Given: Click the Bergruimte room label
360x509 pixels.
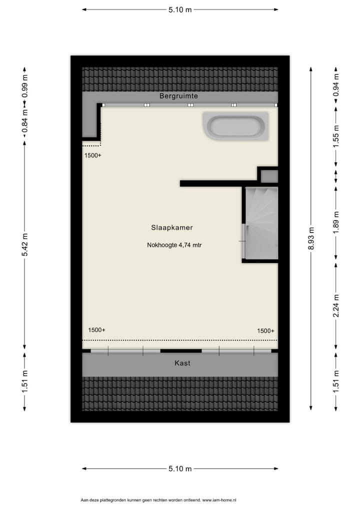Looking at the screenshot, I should click(x=179, y=95).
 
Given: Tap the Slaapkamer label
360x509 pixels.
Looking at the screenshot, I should click(x=171, y=227).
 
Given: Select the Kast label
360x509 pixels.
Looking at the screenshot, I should click(x=182, y=363).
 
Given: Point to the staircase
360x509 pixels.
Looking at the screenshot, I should click(x=261, y=223).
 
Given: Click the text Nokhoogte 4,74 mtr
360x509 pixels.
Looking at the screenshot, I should click(x=174, y=245).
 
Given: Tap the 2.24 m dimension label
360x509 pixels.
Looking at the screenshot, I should click(x=336, y=305).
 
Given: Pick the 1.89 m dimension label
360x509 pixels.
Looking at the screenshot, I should click(x=336, y=219).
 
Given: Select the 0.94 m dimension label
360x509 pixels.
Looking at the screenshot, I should click(x=336, y=84).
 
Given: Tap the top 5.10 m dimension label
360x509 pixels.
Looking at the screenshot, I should click(x=180, y=9).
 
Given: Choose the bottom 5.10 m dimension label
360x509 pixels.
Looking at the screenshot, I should click(x=180, y=468).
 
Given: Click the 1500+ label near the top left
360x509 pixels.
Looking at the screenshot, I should click(x=92, y=155).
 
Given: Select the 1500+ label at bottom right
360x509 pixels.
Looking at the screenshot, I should click(x=265, y=330).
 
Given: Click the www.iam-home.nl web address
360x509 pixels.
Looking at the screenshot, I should click(x=219, y=499).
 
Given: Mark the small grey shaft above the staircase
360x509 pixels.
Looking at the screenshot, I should click(x=269, y=176).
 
